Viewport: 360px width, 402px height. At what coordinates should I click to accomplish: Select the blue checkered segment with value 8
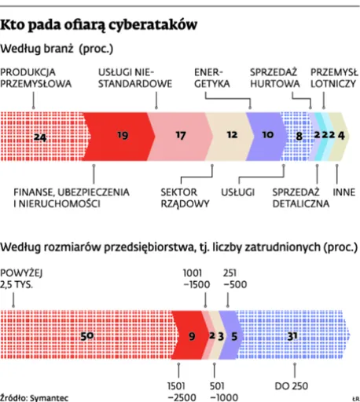pyautogui.click(x=298, y=135)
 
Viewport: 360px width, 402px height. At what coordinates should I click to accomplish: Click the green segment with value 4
pyautogui.click(x=340, y=135)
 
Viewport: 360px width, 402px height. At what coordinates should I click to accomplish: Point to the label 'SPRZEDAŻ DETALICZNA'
pyautogui.click(x=296, y=197)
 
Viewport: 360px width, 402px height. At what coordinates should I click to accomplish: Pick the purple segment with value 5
pyautogui.click(x=235, y=335)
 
